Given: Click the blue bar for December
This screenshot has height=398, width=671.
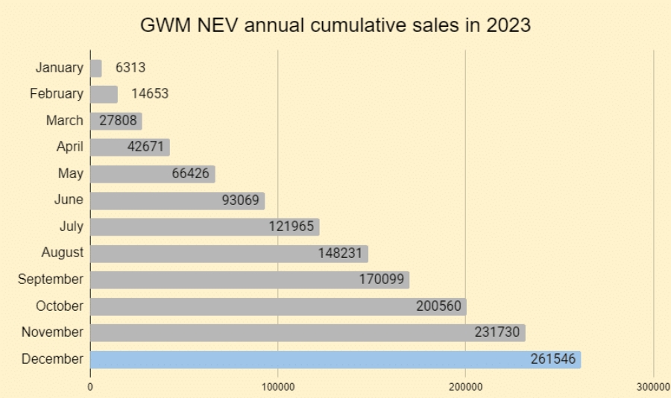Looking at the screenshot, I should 335,359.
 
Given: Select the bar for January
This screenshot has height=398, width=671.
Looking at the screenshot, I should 96,68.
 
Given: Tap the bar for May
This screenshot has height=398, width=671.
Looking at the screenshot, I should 152,174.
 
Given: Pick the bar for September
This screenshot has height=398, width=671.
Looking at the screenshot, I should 250,280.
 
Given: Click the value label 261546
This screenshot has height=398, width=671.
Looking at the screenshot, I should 552,359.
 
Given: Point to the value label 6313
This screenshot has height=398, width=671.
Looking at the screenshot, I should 130,68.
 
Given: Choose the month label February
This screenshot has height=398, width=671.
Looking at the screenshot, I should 57,94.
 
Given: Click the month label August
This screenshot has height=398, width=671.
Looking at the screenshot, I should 63,253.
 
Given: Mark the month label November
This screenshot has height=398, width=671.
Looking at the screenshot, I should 52,332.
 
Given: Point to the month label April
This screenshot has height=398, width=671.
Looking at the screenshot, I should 70,147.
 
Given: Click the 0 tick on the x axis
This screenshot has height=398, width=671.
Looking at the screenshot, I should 90,386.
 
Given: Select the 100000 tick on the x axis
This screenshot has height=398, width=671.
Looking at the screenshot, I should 277,386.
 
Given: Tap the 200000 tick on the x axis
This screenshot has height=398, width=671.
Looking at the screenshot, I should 465,386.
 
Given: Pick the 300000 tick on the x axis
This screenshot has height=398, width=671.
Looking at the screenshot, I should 653,386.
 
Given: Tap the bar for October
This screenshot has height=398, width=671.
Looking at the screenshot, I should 278,306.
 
